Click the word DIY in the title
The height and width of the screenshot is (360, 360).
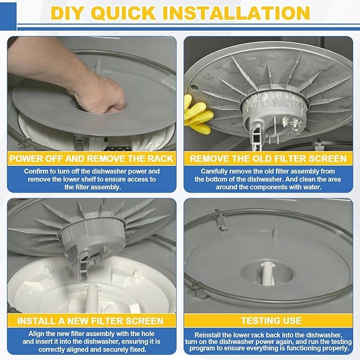click(x=67, y=13)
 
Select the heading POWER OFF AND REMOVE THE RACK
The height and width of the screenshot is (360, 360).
click(x=92, y=159)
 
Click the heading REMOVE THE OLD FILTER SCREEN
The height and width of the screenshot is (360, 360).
click(x=268, y=159)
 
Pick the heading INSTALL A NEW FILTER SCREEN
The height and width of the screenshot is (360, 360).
click(x=92, y=321)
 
